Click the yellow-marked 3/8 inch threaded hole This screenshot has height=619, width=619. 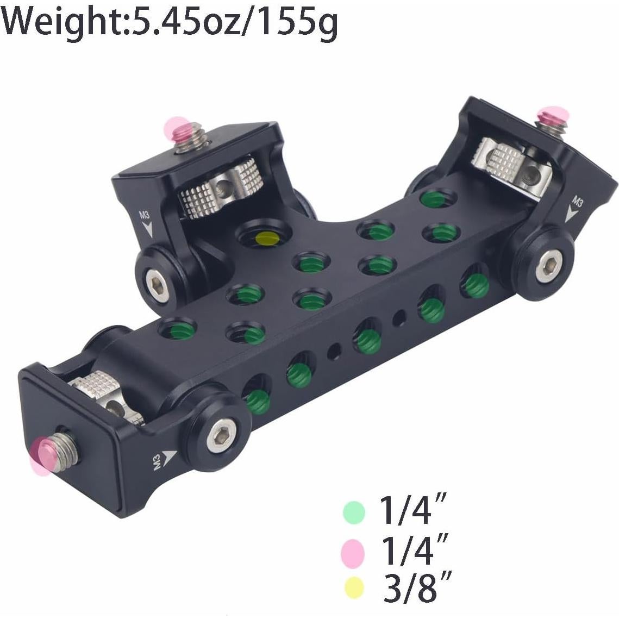click(x=266, y=238)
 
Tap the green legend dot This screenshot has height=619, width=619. click(x=353, y=512)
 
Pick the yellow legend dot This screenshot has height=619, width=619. click(x=354, y=587)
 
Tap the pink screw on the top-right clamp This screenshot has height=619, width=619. click(x=552, y=116)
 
